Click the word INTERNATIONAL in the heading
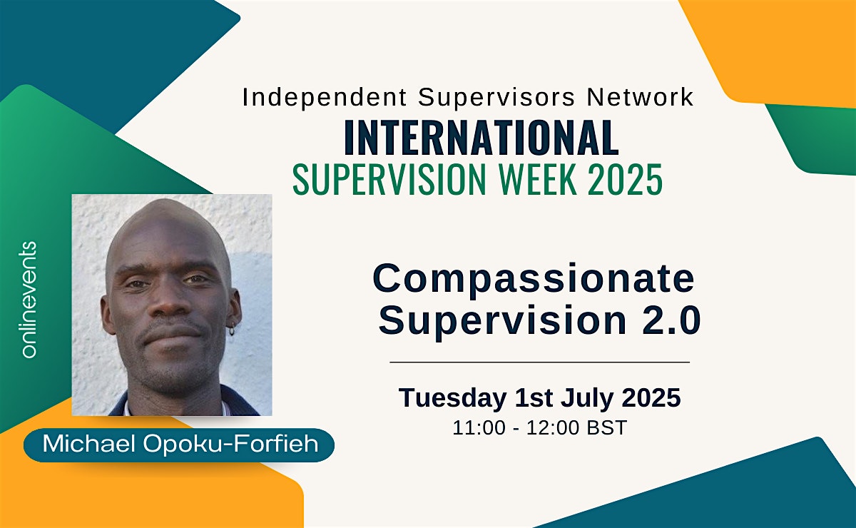pyautogui.click(x=481, y=137)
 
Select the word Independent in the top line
pyautogui.click(x=325, y=97)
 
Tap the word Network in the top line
pyautogui.click(x=640, y=97)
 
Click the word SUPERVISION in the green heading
pyautogui.click(x=389, y=179)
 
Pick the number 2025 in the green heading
pyautogui.click(x=625, y=179)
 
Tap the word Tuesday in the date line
pyautogui.click(x=452, y=398)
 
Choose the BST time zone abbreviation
pyautogui.click(x=607, y=427)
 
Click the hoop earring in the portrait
pyautogui.click(x=232, y=329)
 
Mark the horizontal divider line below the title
pyautogui.click(x=539, y=362)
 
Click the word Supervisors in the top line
pyautogui.click(x=496, y=98)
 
